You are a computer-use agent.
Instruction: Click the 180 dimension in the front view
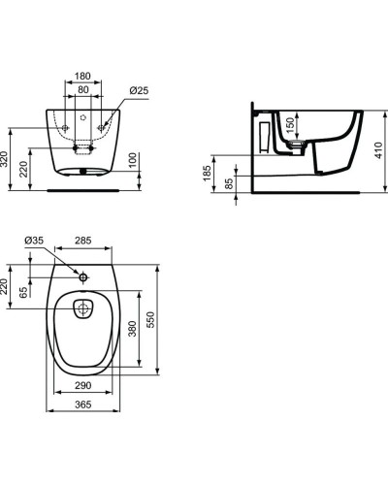point(82,76)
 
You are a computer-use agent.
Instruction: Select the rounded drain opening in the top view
point(83,309)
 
